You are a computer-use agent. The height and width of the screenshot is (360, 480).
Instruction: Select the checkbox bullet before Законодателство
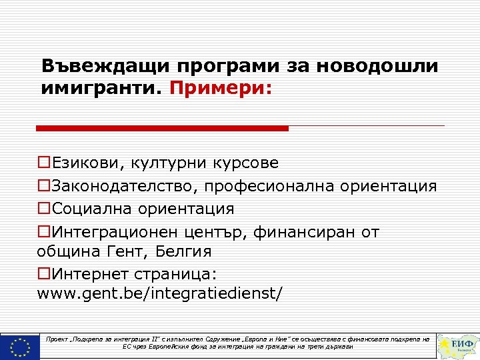coord(44,186)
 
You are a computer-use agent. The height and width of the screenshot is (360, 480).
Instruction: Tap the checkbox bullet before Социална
coord(44,209)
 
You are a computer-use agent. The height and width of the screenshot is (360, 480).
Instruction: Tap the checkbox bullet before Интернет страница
coord(44,275)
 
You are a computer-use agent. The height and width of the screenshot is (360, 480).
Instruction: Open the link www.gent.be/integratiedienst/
coord(160,294)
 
